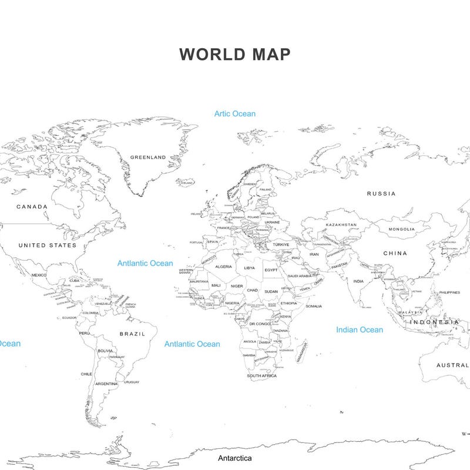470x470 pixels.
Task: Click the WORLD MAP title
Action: click(234, 54)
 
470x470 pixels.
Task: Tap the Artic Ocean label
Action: click(235, 113)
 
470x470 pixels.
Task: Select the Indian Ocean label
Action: click(360, 330)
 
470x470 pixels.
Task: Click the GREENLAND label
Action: click(148, 157)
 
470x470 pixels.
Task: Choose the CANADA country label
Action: click(32, 207)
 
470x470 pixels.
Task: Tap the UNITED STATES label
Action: click(48, 245)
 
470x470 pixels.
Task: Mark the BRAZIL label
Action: click(132, 334)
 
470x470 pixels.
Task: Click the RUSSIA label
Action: click(381, 193)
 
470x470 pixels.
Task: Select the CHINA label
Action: click(395, 253)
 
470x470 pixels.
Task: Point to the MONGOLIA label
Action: click(401, 229)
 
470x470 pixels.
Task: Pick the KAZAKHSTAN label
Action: click(341, 225)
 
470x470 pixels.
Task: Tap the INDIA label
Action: click(358, 281)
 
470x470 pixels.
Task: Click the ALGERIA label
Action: click(224, 267)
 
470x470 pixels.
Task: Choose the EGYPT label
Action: click(271, 270)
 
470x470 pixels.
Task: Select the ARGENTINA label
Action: click(106, 384)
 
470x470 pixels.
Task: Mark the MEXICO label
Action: click(39, 275)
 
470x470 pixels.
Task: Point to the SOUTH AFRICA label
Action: click(261, 375)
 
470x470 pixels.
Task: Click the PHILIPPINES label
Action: click(449, 293)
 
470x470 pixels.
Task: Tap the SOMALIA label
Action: click(314, 306)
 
